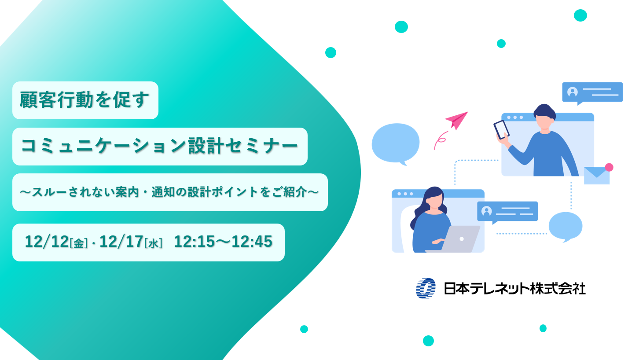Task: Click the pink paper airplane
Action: pos(457,119)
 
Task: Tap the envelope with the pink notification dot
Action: pos(597,175)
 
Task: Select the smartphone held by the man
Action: pos(501,129)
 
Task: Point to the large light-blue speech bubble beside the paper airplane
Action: pos(395,143)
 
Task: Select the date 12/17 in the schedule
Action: pos(121,242)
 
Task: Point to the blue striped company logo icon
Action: pos(426,288)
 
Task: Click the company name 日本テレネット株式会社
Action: pos(514,289)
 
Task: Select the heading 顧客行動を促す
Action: pos(85,100)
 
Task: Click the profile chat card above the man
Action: pos(592,92)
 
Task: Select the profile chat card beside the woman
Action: pos(507,211)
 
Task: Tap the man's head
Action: pos(545,116)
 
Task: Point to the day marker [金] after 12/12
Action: pos(79,243)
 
